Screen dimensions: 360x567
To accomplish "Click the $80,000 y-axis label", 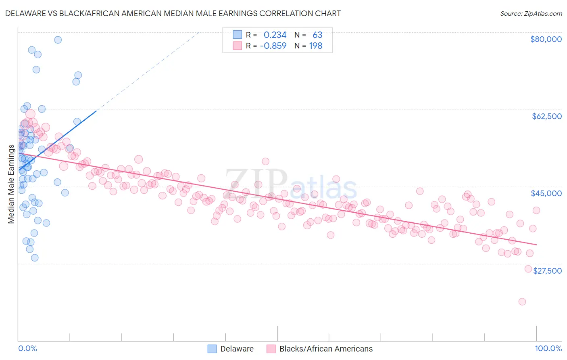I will coord(546,39).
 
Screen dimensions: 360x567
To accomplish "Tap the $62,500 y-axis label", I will coord(547,116).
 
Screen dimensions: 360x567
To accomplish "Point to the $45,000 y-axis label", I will coord(546,193).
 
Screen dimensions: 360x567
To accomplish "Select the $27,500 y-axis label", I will coord(547,271).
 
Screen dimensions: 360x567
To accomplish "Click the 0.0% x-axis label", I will coord(27,348).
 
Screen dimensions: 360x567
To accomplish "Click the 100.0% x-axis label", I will coord(548,348).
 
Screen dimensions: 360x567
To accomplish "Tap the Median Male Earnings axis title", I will coord(11,184).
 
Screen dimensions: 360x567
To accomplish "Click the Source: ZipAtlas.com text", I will coord(531,13).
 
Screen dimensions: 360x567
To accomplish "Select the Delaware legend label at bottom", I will coord(237,349).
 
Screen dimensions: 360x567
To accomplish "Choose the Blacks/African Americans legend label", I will coord(326,349).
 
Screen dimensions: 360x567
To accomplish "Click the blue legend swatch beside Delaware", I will coord(212,349).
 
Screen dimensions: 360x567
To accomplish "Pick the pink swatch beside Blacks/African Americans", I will coord(271,349).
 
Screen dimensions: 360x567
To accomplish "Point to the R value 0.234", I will coord(275,35).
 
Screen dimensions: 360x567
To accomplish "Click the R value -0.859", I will coord(273,46).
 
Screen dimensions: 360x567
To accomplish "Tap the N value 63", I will coord(317,35).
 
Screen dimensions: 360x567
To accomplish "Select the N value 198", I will coord(315,46).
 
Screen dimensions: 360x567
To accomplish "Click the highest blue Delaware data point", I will coord(58,40).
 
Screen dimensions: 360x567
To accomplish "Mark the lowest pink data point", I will coord(522,301).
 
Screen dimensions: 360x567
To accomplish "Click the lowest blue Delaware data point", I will coord(35,257).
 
